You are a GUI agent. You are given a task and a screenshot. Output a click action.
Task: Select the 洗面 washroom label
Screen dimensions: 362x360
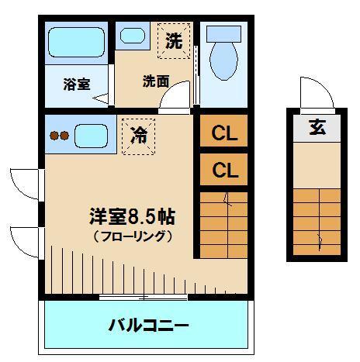155,81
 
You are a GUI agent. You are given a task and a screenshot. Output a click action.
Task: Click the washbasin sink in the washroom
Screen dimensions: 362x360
132,35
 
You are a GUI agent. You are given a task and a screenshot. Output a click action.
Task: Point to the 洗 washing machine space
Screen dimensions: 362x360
174,40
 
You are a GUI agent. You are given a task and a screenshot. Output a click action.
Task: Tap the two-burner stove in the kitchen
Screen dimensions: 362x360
60,135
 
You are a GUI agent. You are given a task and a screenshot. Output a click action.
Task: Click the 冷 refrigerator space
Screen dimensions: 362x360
140,135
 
